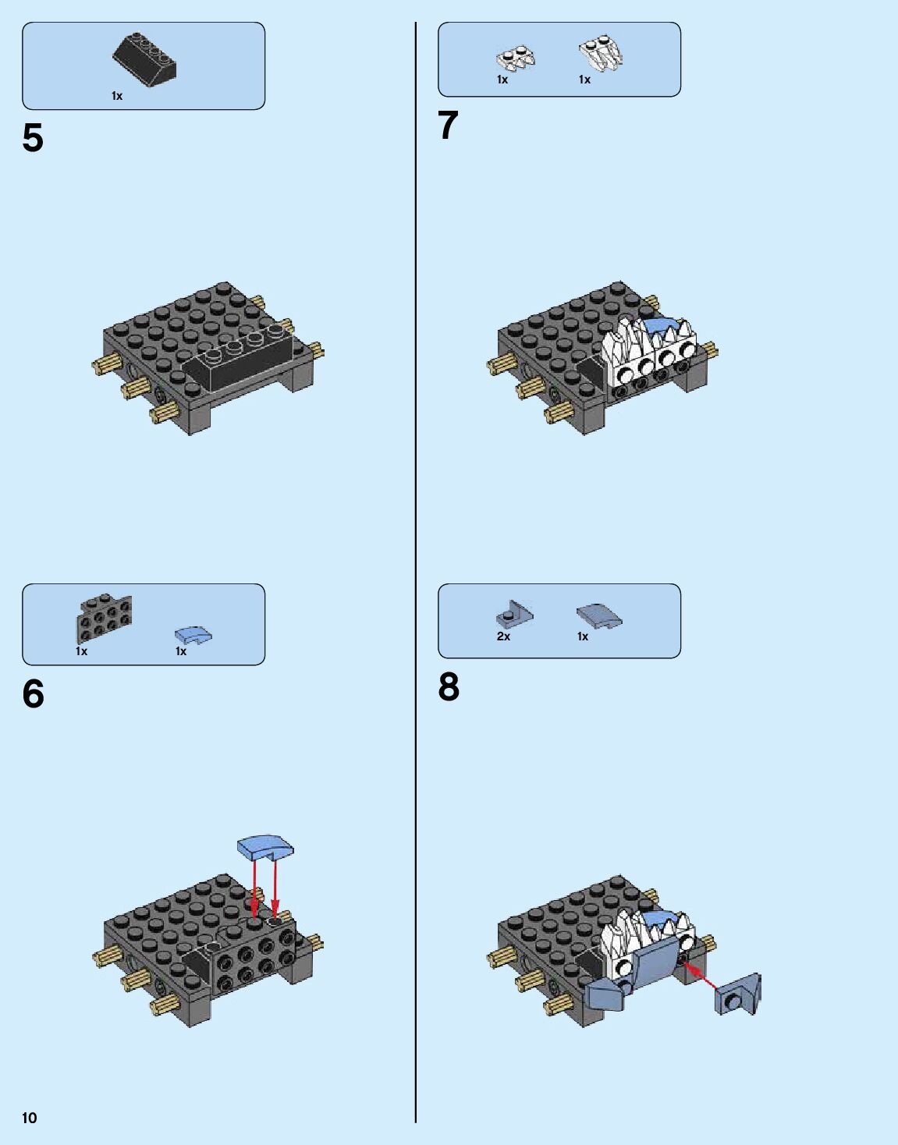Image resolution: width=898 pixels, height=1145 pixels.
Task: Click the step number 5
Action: pos(33,139)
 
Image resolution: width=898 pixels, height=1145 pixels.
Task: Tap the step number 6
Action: pos(33,694)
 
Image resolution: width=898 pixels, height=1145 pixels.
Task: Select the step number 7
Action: pos(448,126)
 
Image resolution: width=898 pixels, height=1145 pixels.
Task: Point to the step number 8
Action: pos(449,687)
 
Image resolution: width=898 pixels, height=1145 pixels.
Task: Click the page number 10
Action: pos(29,1118)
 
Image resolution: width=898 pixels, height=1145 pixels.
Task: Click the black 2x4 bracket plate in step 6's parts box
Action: pos(104,619)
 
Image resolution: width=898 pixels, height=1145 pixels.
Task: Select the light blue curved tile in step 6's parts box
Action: pos(193,636)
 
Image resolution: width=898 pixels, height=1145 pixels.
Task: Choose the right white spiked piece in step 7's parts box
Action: pos(601,52)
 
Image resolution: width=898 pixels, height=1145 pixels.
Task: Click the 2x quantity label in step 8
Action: pos(503,636)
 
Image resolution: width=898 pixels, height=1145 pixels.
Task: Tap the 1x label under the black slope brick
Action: pos(117,96)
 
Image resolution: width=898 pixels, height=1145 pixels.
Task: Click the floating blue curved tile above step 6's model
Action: pos(266,847)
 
